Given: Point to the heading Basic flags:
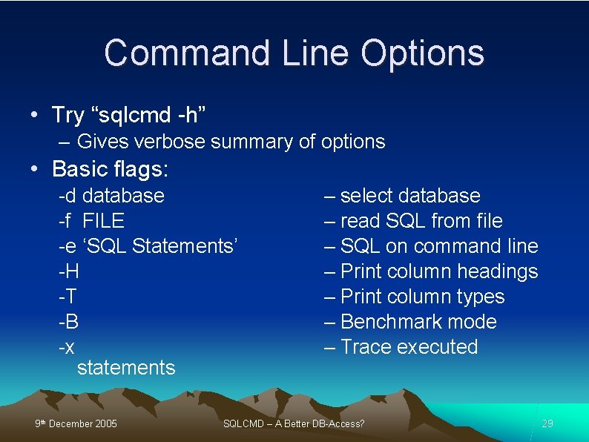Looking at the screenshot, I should click(111, 169).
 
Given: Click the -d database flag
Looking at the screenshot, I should click(112, 196).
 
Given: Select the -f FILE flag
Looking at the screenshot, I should click(92, 221).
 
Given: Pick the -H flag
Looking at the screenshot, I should click(70, 271).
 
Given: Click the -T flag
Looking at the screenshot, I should click(68, 297).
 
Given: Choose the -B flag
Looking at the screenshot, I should click(69, 322).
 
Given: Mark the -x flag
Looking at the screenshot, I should click(67, 347).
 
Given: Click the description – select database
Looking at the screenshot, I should click(402, 196).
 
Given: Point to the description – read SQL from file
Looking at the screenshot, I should click(413, 221).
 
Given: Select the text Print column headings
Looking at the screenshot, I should click(438, 271).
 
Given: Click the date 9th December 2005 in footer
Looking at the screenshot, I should click(76, 424).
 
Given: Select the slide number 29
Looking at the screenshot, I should click(547, 423).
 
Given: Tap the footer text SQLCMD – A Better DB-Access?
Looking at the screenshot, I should click(294, 424).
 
